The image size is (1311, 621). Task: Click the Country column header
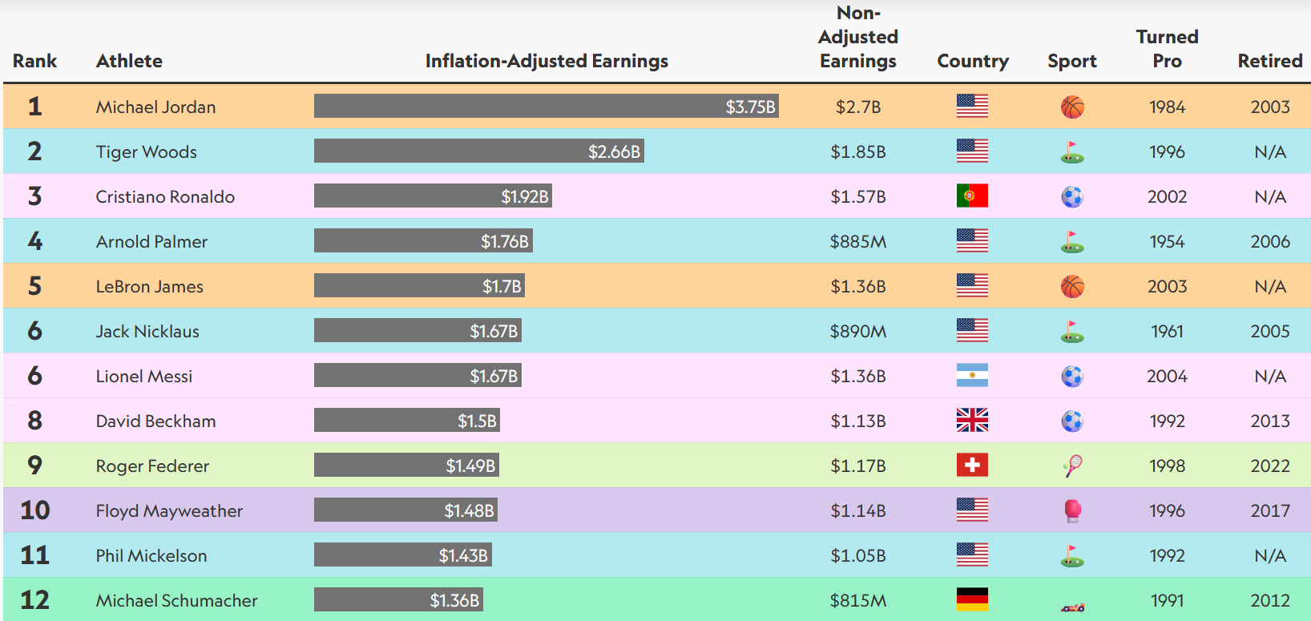973,61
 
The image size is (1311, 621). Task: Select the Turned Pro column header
1167,49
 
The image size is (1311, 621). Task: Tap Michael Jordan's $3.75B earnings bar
546,107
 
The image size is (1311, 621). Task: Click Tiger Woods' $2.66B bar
478,151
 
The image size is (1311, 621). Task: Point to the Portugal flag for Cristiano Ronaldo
972,196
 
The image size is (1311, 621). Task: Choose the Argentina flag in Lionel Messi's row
972,376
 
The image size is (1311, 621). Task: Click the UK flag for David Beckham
972,421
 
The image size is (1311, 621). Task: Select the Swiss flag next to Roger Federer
972,466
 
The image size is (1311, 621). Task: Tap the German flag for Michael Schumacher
972,599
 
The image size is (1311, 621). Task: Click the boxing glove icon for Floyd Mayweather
1072,510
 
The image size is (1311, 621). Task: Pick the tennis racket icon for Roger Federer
1072,466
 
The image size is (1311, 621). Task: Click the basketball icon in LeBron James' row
1072,286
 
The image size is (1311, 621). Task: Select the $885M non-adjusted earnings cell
857,241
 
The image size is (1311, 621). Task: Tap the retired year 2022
1270,466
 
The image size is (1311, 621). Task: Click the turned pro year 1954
1167,241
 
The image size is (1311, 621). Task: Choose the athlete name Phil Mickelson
151,555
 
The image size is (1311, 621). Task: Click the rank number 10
35,510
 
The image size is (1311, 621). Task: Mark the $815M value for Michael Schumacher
857,600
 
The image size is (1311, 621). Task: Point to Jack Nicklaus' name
147,331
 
